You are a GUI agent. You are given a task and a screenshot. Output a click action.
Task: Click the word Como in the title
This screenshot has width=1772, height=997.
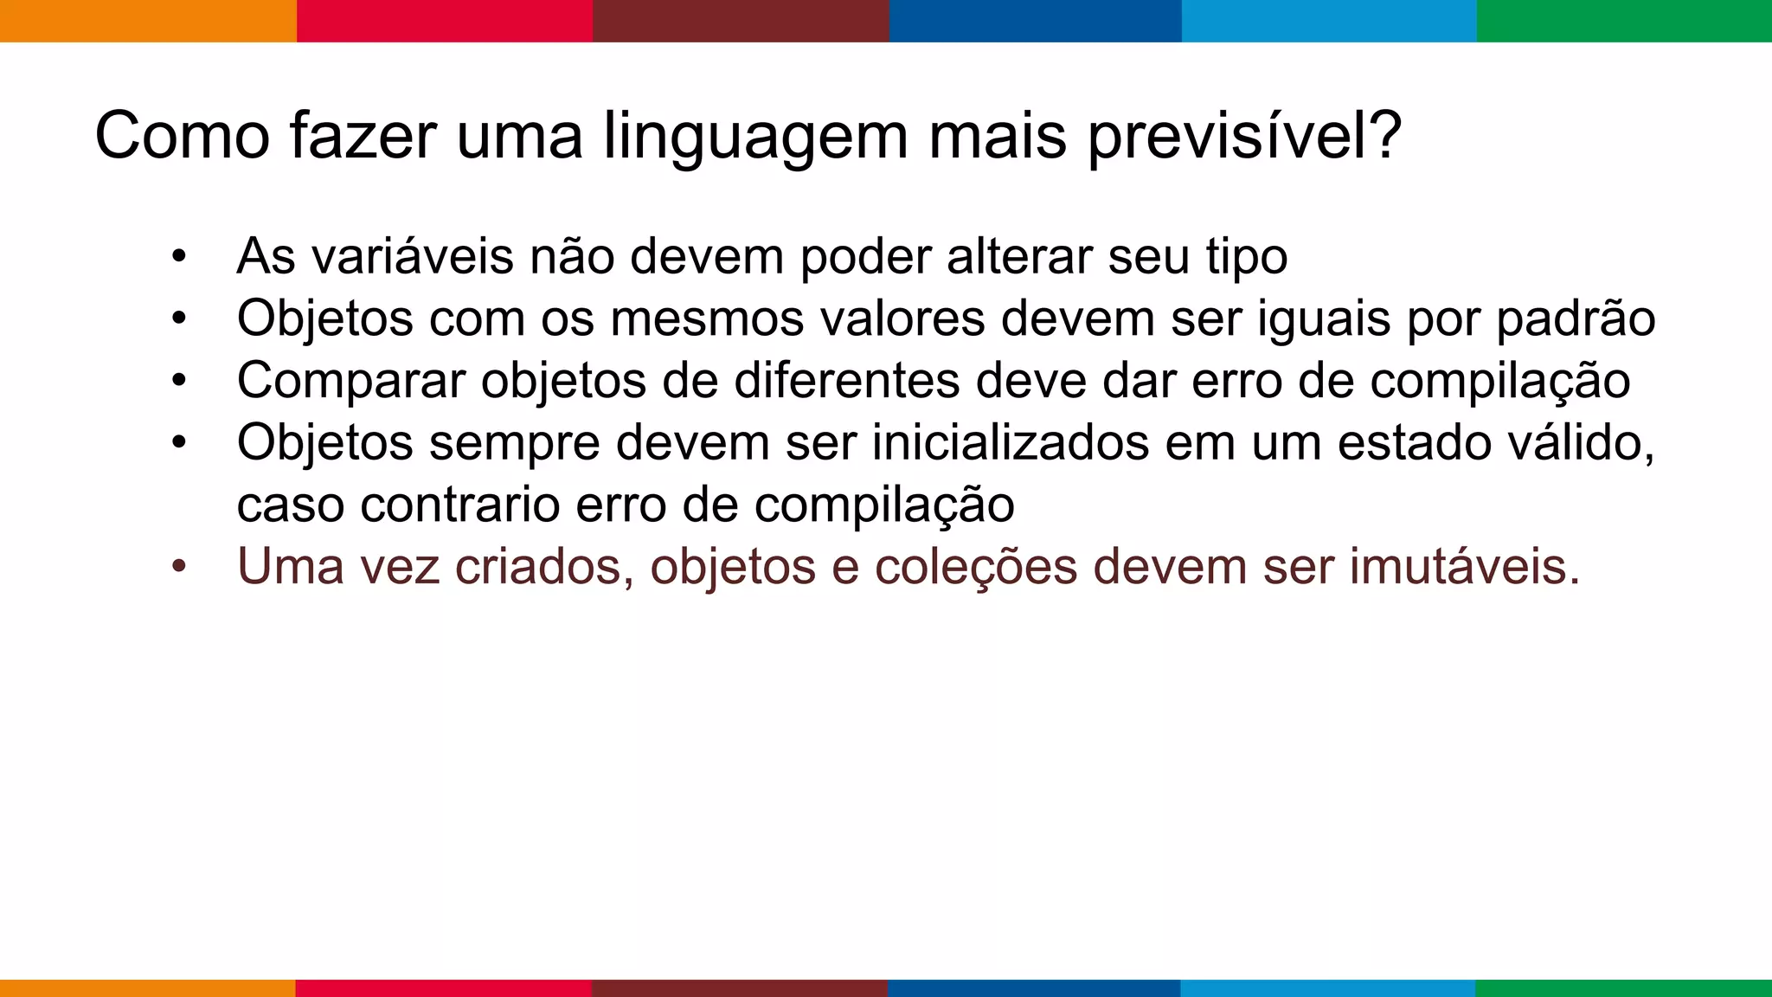[182, 136]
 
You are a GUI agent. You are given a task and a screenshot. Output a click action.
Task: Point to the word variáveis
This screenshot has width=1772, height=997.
[413, 256]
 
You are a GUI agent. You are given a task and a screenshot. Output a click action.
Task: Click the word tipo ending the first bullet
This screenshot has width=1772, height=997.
[1247, 258]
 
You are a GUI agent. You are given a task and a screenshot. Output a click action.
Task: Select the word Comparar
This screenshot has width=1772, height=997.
[351, 382]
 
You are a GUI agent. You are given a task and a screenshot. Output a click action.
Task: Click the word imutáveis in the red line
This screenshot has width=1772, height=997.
[1464, 567]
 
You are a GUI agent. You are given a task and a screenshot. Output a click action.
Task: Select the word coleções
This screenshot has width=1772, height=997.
[975, 567]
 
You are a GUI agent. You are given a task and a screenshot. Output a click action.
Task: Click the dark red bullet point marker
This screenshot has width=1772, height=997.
[179, 568]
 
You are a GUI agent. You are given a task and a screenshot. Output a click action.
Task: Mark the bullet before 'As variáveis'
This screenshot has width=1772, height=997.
[179, 257]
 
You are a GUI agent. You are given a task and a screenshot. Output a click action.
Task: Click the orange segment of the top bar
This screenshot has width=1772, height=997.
[148, 21]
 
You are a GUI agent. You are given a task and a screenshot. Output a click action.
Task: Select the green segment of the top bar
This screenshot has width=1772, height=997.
[1624, 21]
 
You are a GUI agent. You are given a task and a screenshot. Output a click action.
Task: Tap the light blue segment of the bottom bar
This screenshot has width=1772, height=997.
[1328, 987]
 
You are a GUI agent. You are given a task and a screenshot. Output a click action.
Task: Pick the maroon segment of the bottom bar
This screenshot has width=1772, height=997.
[740, 987]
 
